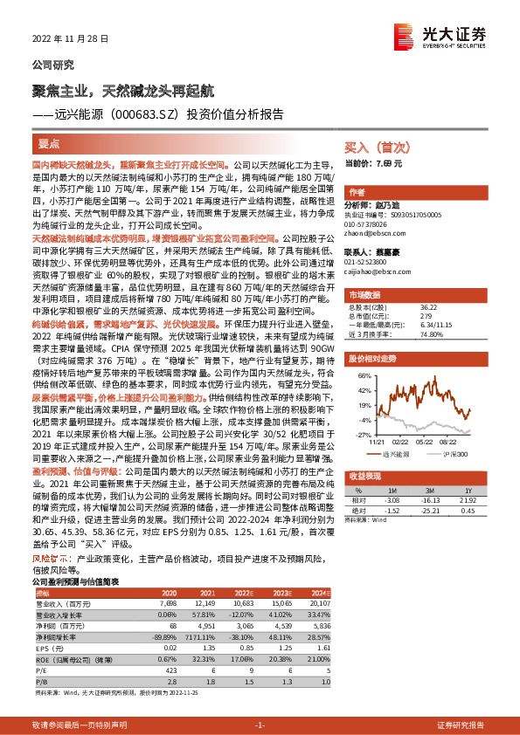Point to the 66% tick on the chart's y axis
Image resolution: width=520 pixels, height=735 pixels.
(x=362, y=376)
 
